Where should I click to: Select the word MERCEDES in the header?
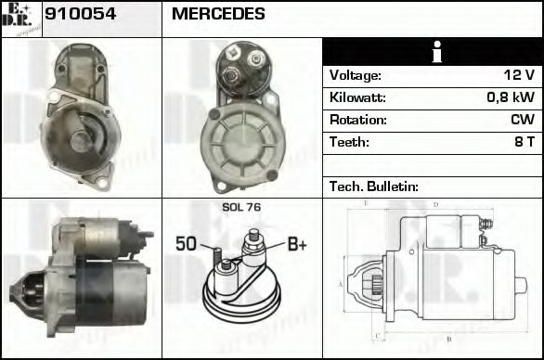click(x=218, y=14)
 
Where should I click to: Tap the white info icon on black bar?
click(x=433, y=53)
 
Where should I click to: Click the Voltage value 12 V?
click(x=518, y=75)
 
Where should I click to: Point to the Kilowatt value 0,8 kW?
click(x=511, y=97)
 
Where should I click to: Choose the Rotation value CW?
click(x=522, y=120)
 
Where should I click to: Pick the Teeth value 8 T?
click(x=524, y=142)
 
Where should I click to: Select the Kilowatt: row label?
click(x=357, y=97)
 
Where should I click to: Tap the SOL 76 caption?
click(x=240, y=209)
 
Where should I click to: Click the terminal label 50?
click(x=187, y=245)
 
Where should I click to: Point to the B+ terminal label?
click(x=296, y=245)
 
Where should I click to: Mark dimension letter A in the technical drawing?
click(x=342, y=284)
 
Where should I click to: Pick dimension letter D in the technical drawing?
click(x=435, y=203)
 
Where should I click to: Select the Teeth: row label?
click(x=349, y=142)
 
